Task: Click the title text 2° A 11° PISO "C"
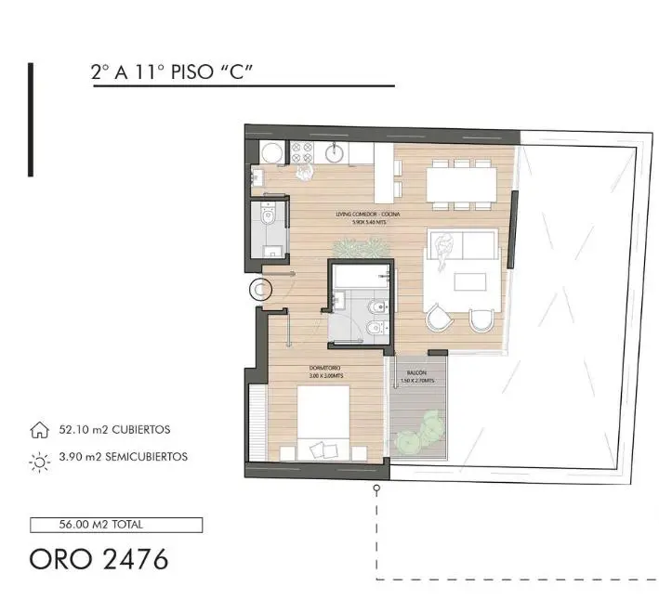[173, 73]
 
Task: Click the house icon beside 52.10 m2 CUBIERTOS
[39, 431]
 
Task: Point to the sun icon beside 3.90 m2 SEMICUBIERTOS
[39, 458]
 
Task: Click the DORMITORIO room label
[325, 368]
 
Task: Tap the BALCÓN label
[415, 371]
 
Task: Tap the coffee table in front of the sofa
[464, 283]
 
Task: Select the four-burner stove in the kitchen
[302, 151]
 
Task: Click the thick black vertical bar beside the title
[31, 119]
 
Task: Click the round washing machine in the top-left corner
[270, 153]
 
